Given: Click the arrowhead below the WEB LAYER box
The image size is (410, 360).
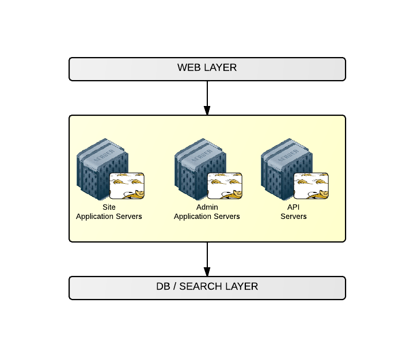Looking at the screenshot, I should pos(207,109).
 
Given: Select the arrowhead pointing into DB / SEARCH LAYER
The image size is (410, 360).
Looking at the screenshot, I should pos(207,271).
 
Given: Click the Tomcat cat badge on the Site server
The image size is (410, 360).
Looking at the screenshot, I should pos(127,185).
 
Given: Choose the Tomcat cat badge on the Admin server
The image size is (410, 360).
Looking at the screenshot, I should pos(224,185).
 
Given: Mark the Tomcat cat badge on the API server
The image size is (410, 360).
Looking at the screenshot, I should pos(311,185).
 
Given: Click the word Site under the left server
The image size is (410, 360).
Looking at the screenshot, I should pos(109,207).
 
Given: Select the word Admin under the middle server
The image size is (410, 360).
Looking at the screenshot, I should pos(207,207).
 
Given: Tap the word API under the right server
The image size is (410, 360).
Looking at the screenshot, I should pos(294,207).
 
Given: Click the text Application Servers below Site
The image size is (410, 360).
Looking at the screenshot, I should pos(109,217).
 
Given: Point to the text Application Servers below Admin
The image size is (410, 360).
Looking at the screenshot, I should pos(207,217).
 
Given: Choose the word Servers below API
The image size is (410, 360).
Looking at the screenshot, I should pos(294,217).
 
